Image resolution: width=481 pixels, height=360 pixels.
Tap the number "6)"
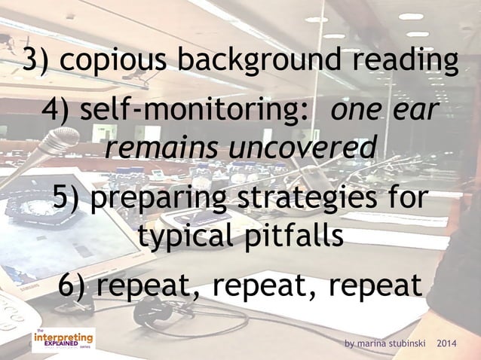[x=76, y=285]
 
